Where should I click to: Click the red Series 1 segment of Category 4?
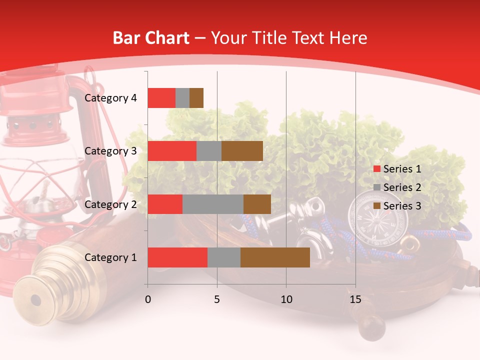161,98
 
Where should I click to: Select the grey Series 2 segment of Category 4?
182,98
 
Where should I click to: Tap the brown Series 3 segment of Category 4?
196,98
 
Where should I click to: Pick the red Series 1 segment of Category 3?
172,151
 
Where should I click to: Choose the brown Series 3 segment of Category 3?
242,151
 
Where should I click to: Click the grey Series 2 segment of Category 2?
213,204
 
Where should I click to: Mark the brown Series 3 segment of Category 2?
257,204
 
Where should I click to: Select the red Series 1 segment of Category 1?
177,257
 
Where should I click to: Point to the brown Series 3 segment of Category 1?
275,257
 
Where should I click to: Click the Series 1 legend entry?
397,169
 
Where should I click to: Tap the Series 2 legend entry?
397,187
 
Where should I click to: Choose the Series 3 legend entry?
397,206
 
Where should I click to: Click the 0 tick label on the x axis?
148,299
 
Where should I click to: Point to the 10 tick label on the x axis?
286,299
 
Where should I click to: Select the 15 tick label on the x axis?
355,299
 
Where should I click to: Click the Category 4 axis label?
110,98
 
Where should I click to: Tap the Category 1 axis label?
110,257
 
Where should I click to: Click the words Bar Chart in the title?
151,38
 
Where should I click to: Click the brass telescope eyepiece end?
35,300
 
